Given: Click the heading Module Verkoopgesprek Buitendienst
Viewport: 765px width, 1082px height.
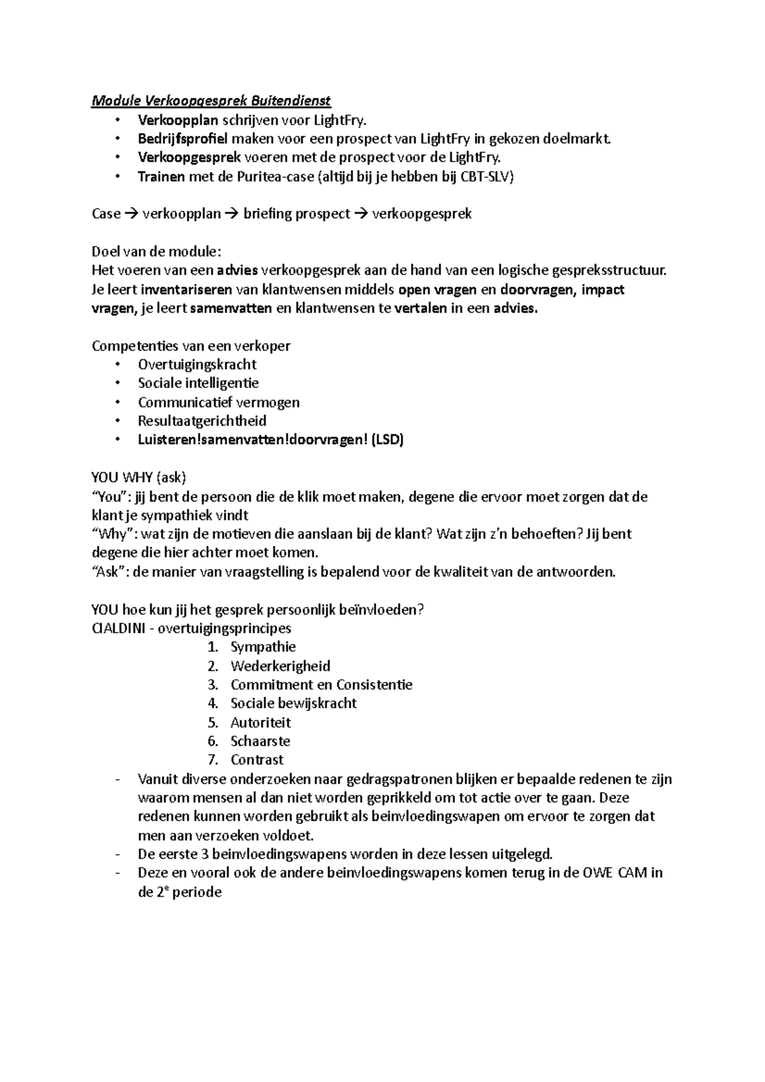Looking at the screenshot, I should click(x=211, y=101).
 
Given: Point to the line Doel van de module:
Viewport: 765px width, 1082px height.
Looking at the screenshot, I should click(x=157, y=252).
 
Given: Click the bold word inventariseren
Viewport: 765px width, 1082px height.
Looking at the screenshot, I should click(x=186, y=290).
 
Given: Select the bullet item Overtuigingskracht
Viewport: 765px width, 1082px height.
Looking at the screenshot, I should click(x=197, y=364).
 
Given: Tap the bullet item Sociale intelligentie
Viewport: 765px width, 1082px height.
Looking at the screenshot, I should click(x=198, y=383).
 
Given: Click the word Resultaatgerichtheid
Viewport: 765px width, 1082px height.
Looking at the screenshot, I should click(x=202, y=421).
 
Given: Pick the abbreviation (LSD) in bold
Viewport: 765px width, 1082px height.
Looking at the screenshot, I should click(x=388, y=440).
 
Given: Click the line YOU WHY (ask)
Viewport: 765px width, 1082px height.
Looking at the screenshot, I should click(x=139, y=477).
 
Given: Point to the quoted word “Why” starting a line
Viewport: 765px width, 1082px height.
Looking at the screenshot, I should click(x=112, y=534).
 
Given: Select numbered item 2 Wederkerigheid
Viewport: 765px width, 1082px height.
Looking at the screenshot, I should click(x=280, y=666).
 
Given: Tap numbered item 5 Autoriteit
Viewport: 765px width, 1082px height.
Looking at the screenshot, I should click(x=261, y=723).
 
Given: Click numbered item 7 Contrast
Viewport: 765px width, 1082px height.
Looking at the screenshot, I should click(x=257, y=760).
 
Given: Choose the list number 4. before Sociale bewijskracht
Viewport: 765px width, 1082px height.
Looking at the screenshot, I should click(x=213, y=703).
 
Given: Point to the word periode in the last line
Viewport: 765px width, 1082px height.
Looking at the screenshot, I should click(x=197, y=892).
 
